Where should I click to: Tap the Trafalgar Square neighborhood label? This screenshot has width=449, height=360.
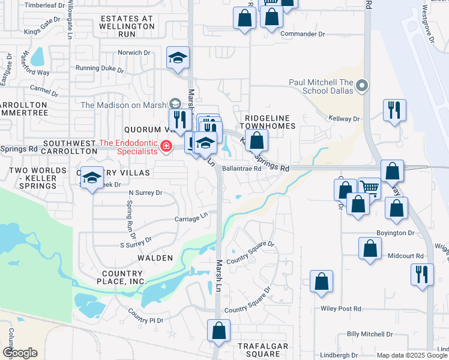coord(263,351)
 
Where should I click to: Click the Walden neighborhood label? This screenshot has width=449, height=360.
coord(155,258)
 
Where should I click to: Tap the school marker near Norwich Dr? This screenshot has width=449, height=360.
coord(178,58)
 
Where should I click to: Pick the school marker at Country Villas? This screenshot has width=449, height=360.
coord(92,178)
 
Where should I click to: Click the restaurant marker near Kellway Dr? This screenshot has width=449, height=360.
coord(394,110)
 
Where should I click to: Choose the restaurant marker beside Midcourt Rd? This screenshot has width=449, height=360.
coord(422,274)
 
